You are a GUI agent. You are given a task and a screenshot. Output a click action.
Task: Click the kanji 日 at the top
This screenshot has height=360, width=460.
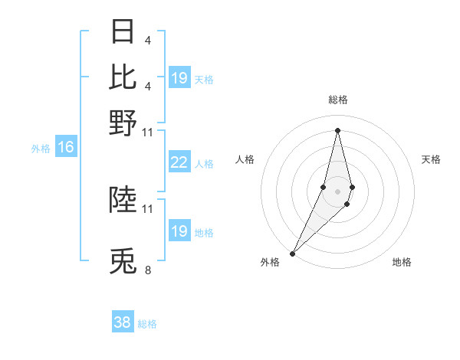point(123,32)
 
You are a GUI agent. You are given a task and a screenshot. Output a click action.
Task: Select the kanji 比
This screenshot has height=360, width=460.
point(123,77)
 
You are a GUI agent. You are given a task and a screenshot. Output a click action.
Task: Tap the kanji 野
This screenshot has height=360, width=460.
point(123,123)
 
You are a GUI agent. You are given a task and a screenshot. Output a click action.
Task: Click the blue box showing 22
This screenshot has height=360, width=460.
point(179,162)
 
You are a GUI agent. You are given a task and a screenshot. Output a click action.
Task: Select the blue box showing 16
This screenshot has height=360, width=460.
point(65,147)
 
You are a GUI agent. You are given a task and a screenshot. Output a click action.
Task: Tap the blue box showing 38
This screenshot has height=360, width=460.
point(123,322)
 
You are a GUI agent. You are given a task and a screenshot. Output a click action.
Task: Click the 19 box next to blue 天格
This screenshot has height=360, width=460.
point(179,78)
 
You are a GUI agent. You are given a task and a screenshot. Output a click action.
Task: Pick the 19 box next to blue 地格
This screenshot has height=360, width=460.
point(179,231)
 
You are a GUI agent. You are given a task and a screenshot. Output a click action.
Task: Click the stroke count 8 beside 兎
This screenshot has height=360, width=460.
point(148,270)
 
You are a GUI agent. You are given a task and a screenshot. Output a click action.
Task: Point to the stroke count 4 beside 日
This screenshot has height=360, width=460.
point(147,40)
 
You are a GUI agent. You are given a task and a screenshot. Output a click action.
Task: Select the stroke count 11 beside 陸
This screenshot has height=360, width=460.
point(148,208)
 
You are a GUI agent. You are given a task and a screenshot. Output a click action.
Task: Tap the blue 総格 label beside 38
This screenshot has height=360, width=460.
point(147,324)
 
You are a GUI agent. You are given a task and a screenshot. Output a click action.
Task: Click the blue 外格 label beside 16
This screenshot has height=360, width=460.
point(41,149)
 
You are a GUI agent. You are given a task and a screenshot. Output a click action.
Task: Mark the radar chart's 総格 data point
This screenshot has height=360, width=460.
point(337,130)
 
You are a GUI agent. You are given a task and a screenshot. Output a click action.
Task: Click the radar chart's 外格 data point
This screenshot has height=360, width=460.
point(292,253)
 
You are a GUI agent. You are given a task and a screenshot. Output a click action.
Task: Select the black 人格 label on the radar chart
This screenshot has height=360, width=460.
point(245,159)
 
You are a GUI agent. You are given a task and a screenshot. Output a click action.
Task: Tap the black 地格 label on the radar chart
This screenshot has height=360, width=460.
point(402,262)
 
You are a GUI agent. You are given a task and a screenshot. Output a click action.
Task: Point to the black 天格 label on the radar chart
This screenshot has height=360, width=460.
point(431,159)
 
